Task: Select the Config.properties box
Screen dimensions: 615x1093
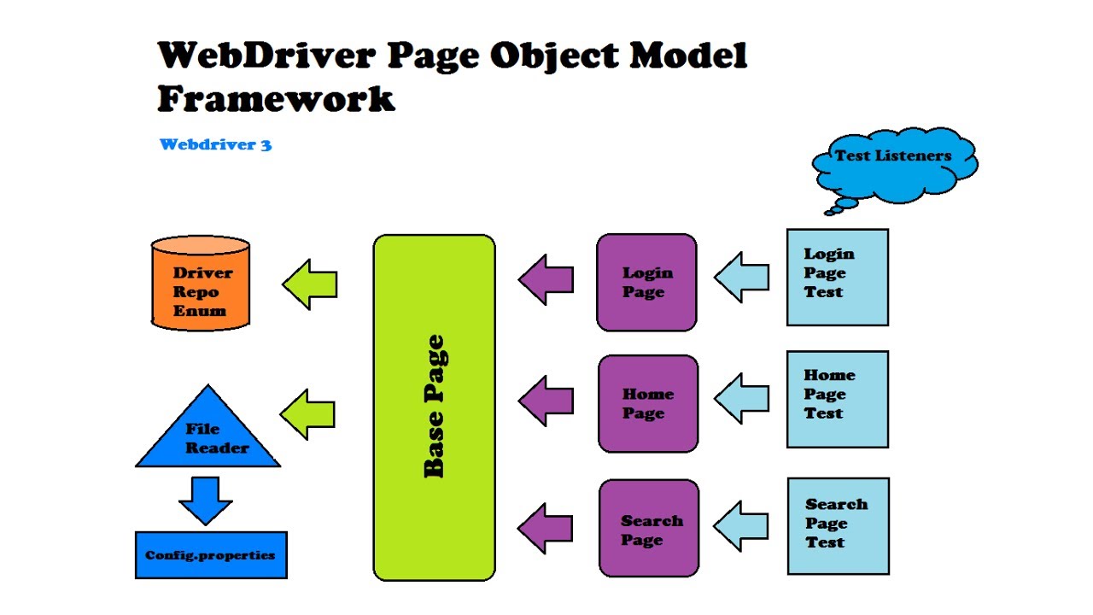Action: [x=211, y=555]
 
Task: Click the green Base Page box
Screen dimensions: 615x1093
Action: [x=434, y=407]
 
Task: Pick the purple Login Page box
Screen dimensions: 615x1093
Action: [x=646, y=283]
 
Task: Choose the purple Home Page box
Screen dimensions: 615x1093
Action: [x=648, y=404]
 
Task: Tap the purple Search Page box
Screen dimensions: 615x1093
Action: [x=649, y=528]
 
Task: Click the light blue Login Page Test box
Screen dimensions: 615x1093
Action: [x=837, y=277]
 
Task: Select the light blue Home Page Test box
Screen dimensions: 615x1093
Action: [x=837, y=399]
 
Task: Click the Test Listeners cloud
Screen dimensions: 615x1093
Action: [x=893, y=162]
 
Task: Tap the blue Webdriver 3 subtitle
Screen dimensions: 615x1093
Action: [x=215, y=144]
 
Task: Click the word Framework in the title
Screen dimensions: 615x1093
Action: [x=276, y=99]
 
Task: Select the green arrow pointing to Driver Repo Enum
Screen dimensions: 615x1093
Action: [x=311, y=284]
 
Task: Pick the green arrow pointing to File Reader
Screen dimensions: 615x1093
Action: [x=308, y=414]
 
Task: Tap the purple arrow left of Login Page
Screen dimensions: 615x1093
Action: [x=546, y=279]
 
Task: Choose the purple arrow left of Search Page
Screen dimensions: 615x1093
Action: [x=546, y=528]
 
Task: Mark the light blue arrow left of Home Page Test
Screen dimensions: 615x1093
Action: [x=742, y=399]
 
